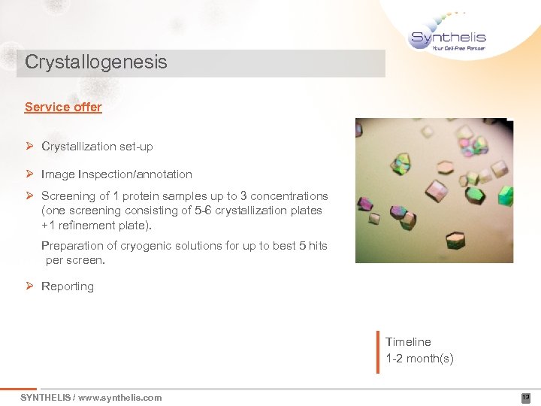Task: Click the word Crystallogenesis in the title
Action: (x=96, y=62)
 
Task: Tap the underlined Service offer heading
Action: (x=63, y=107)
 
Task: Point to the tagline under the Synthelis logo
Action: (x=458, y=48)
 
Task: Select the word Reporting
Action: (x=68, y=286)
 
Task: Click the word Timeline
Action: (x=408, y=341)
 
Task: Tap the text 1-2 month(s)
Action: (x=419, y=358)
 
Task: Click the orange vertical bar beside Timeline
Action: (x=378, y=351)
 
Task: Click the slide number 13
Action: (x=525, y=398)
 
